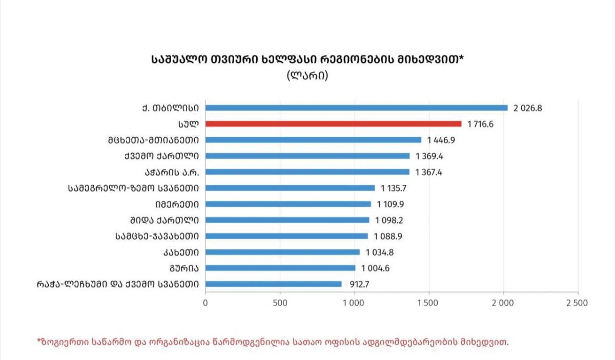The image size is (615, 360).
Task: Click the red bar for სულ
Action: coord(333,123)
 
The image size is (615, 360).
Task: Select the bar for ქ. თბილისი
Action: coord(356,108)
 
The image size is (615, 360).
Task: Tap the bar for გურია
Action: coord(280,268)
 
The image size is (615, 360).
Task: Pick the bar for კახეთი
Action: coord(282,252)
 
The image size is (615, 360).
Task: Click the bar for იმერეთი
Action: coord(288,204)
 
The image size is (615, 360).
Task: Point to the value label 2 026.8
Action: coord(528,108)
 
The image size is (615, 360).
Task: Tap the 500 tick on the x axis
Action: coord(280,303)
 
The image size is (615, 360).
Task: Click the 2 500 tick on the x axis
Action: coord(578,303)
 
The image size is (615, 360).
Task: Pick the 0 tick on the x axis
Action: coord(206,303)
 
